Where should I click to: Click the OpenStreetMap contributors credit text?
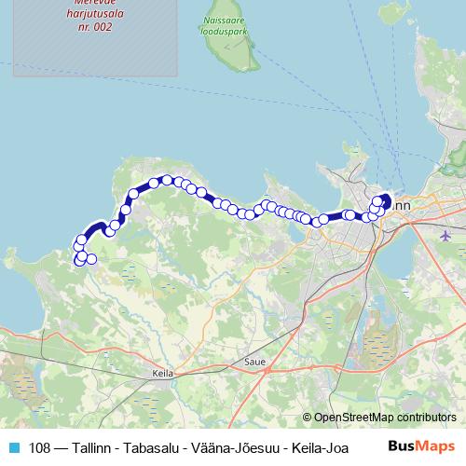point(384,418)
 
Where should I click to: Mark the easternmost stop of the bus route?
point(387,198)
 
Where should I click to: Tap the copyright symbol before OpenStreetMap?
point(308,418)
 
